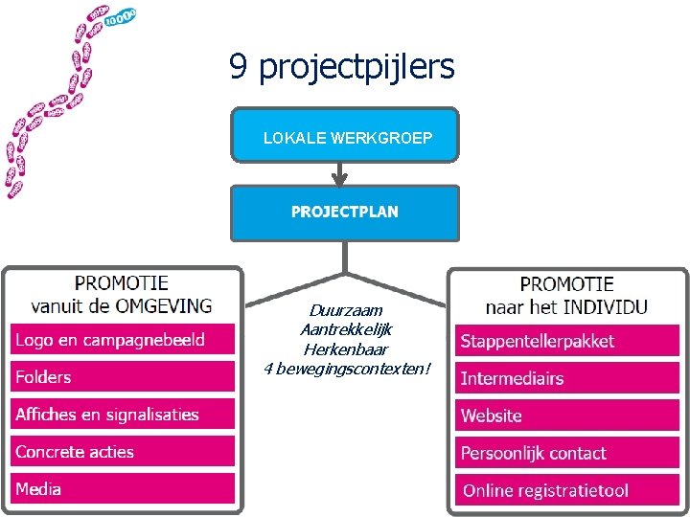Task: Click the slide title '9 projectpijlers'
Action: [x=341, y=67]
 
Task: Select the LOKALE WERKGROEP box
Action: [x=345, y=136]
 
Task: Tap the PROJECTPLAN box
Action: [x=345, y=212]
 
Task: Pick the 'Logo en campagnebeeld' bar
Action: [x=123, y=340]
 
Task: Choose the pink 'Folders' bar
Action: [x=123, y=376]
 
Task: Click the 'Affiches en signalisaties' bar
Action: [x=123, y=415]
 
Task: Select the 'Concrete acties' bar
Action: [x=123, y=452]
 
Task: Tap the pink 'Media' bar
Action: [x=123, y=489]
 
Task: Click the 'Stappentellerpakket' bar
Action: [x=567, y=341]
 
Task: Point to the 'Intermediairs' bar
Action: [x=567, y=378]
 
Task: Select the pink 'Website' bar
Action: [x=567, y=416]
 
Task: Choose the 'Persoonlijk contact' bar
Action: [x=567, y=453]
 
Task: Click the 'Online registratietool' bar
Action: [x=567, y=490]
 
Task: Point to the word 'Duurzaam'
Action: [x=346, y=310]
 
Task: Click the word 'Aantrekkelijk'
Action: [x=346, y=329]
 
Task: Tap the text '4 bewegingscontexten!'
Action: [x=346, y=369]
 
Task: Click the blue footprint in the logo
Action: [x=121, y=17]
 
